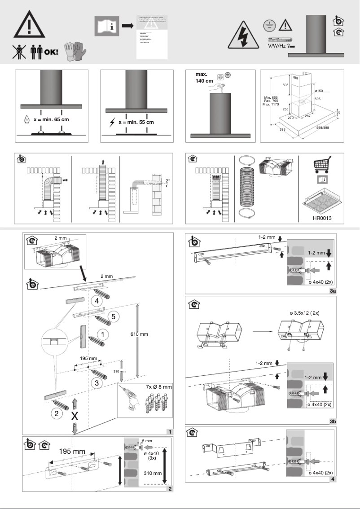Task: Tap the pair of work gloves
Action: coord(74,52)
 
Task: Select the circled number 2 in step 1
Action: coord(57,413)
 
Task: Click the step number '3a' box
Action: coord(333,291)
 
